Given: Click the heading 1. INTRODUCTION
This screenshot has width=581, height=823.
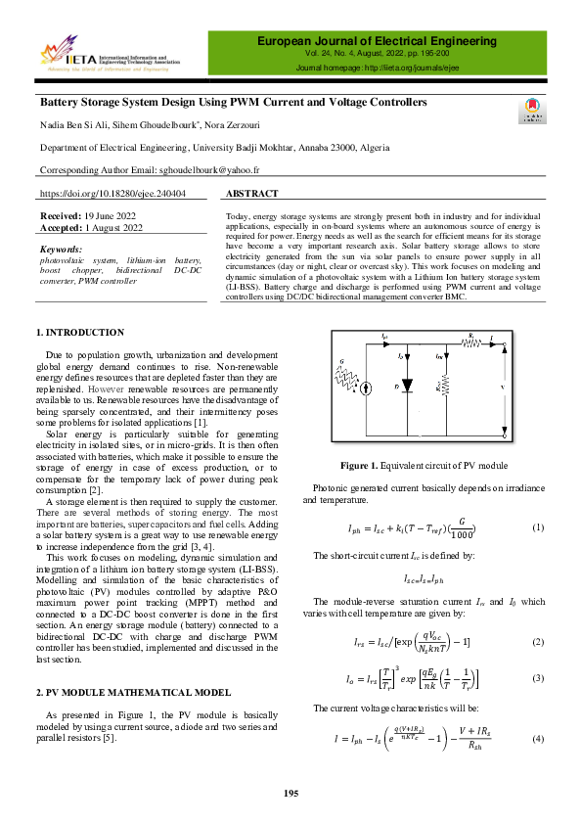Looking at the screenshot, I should point(79,333).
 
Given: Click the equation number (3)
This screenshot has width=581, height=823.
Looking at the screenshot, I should point(537,677).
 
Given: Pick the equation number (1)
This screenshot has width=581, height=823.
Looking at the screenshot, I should point(537,527).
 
